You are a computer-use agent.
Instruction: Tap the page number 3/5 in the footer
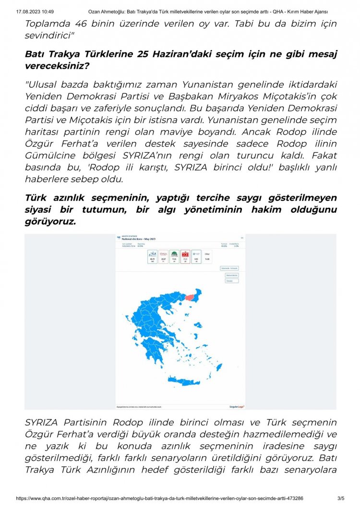pos(341,499)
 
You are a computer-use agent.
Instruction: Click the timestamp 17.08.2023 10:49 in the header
pos(35,11)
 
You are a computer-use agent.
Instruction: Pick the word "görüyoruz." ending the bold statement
pos(50,222)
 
